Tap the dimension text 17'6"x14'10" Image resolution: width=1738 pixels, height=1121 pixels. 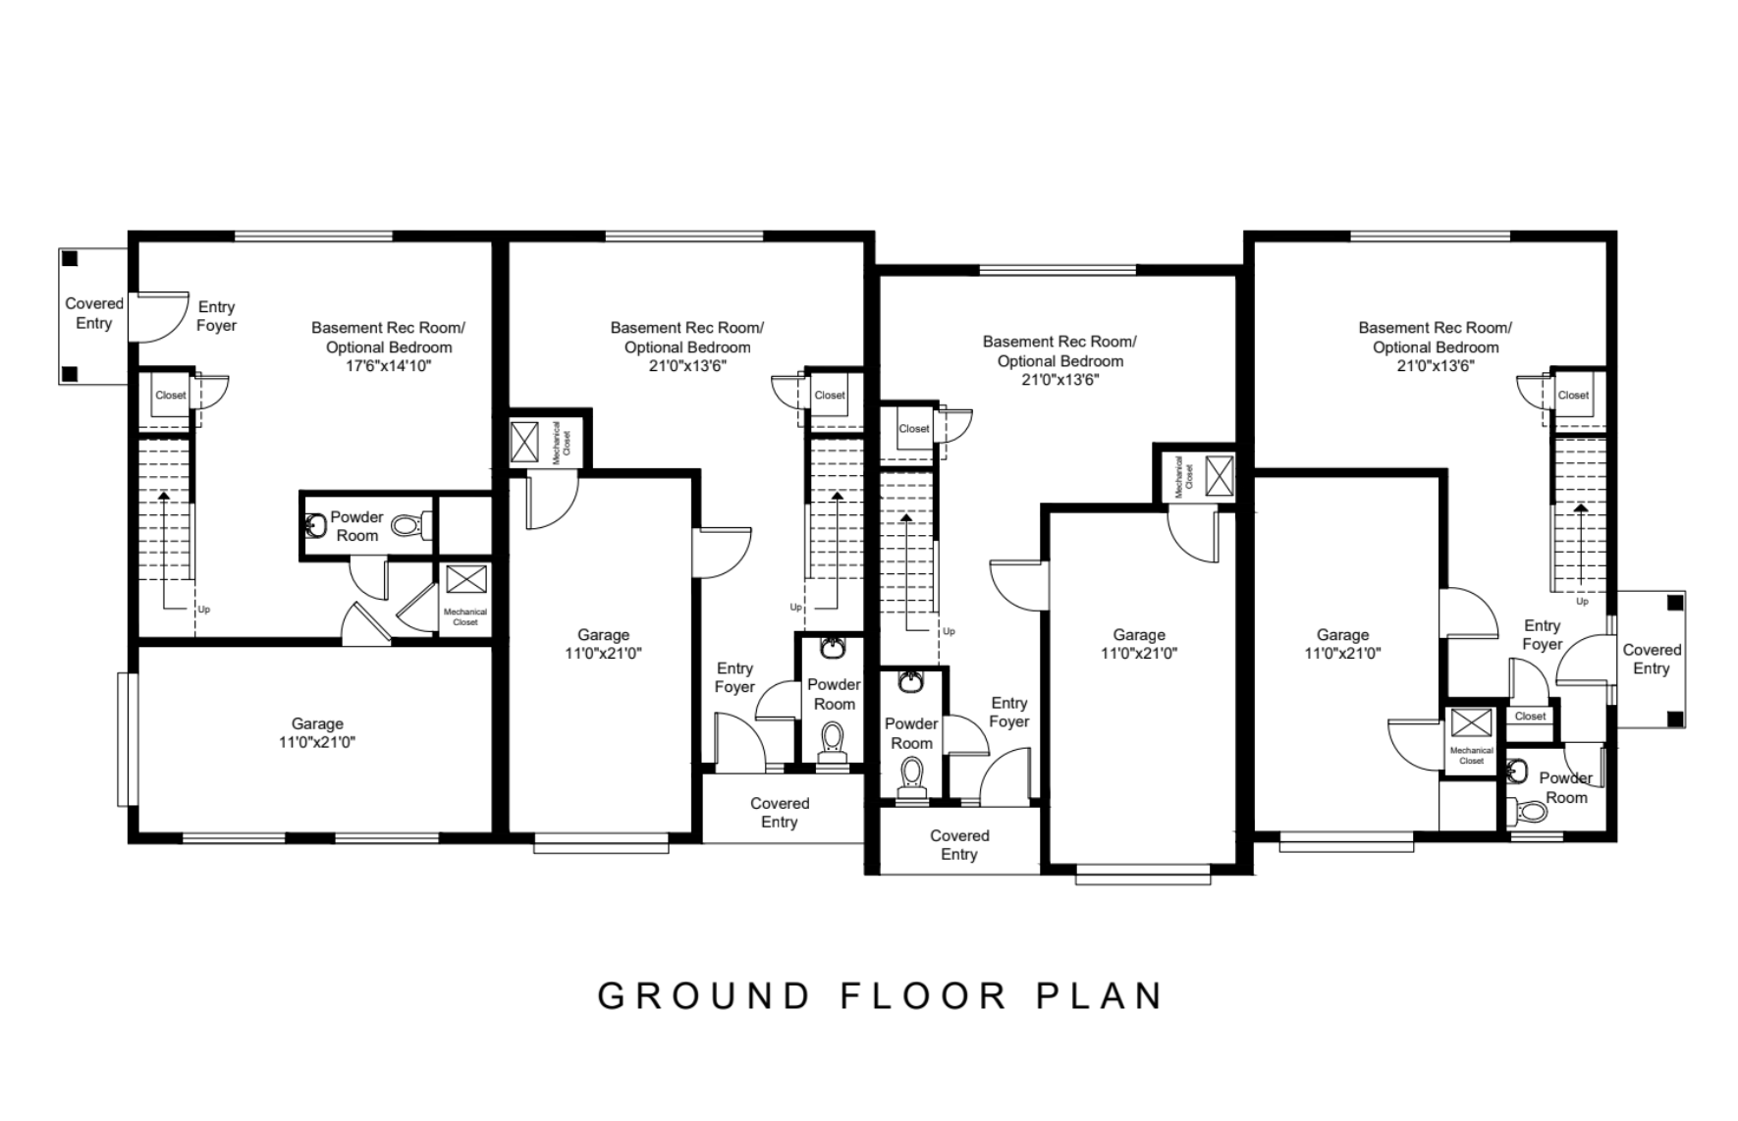point(388,366)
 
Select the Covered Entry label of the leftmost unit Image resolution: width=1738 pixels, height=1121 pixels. point(94,313)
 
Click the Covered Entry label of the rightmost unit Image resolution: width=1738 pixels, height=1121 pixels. point(1652,659)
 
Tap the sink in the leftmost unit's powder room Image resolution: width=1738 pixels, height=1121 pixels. point(314,526)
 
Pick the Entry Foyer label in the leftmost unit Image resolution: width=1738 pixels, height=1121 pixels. point(216,316)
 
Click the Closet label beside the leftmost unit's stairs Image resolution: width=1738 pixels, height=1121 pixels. point(171,396)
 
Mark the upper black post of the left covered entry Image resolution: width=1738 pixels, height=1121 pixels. point(70,258)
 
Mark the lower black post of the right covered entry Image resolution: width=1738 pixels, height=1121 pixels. point(1675,721)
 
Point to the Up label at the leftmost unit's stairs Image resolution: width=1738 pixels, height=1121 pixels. point(204,610)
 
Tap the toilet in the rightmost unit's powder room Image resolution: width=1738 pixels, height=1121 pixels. point(1528,811)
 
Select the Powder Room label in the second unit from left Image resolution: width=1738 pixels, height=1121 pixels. point(834,694)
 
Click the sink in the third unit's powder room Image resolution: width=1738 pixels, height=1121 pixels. point(910,681)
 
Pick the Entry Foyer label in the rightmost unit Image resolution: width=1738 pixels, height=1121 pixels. point(1543,635)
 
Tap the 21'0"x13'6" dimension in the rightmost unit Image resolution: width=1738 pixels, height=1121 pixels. point(1436,366)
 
